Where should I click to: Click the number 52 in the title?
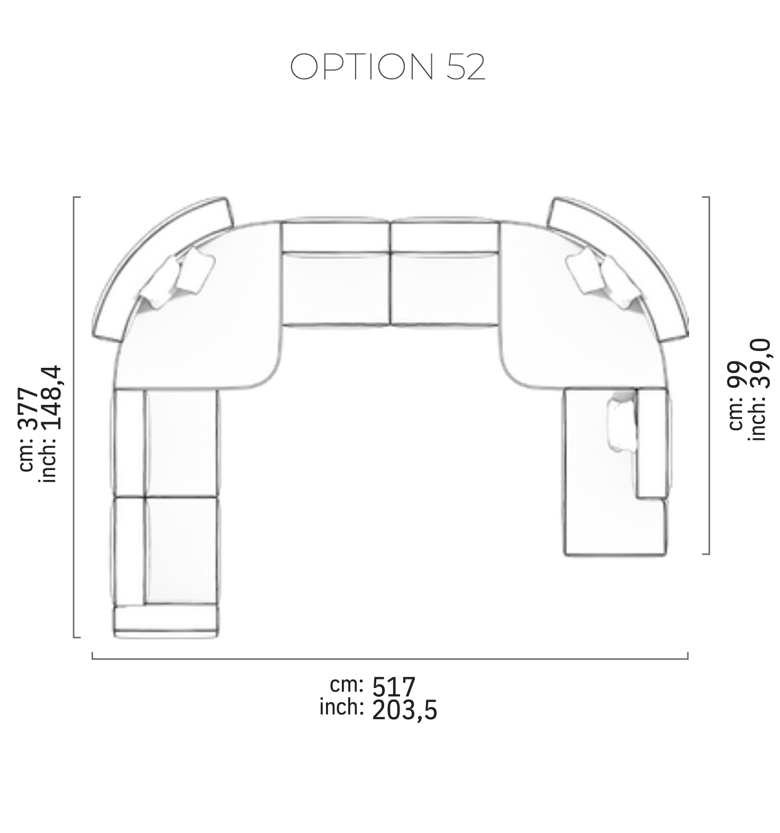pos(466,67)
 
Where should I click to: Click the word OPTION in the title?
pos(361,67)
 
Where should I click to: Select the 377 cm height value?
pos(28,409)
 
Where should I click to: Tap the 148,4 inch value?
pos(52,398)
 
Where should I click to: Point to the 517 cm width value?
pos(394,687)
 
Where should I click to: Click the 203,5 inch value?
pos(405,710)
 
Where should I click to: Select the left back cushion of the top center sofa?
pos(335,237)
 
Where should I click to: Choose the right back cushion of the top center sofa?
pos(445,237)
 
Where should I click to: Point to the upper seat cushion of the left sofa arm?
pos(180,442)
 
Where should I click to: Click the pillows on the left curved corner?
pos(180,278)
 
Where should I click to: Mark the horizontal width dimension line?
pos(390,658)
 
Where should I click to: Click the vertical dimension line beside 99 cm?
pos(709,375)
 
